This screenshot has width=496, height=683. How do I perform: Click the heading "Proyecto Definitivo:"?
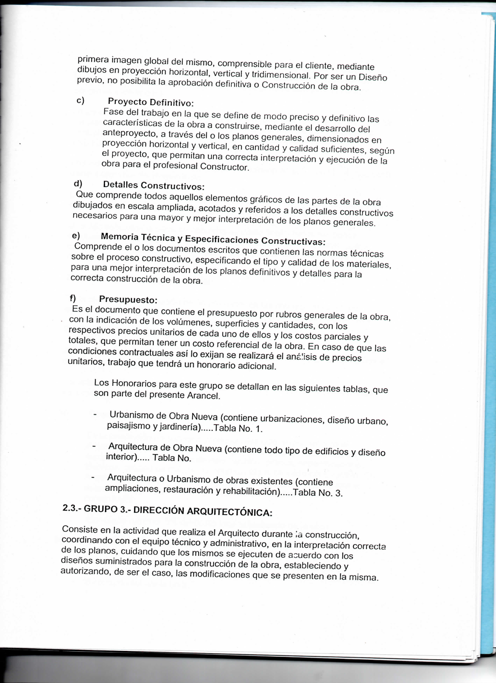tap(151, 102)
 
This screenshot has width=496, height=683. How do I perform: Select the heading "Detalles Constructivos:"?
tap(154, 186)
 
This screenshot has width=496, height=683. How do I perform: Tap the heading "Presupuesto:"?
tap(128, 300)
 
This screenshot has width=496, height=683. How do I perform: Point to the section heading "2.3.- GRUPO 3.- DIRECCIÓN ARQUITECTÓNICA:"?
tap(167, 511)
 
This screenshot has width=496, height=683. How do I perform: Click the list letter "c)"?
tap(80, 100)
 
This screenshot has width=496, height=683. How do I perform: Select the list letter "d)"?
tap(78, 184)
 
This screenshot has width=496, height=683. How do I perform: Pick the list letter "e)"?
tap(76, 236)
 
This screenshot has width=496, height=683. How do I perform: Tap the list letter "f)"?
tap(73, 298)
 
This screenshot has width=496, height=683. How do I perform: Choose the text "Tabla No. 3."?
tap(318, 493)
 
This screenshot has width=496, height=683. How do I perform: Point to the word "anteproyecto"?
tap(129, 133)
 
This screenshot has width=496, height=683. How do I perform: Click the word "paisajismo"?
tap(128, 426)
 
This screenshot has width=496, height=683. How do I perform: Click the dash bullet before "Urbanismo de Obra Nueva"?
tap(95, 414)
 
